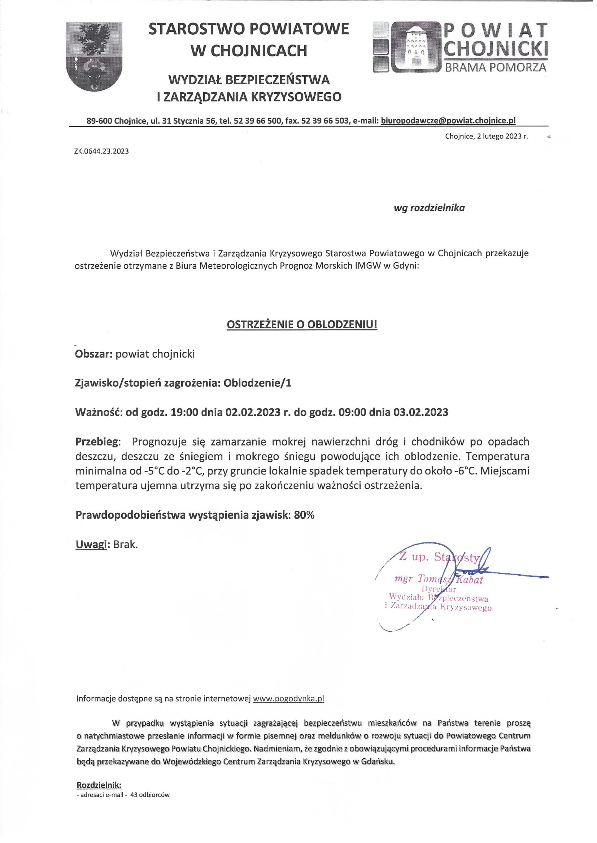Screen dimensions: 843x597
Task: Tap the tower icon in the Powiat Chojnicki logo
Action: click(416, 47)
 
